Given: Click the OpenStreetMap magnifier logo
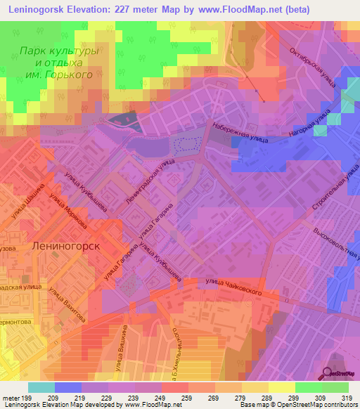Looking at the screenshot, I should [328, 374].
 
